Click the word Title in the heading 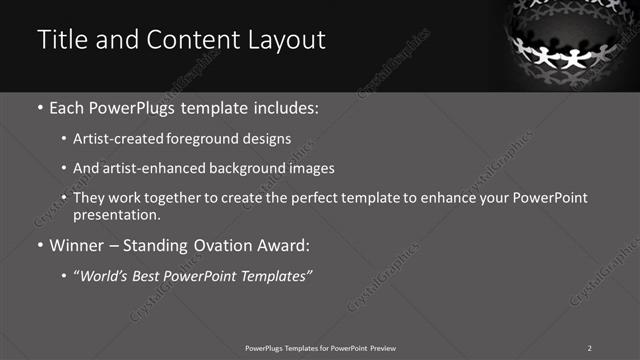58,41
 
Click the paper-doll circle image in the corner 575,44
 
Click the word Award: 282,245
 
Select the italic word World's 104,275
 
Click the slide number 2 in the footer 590,347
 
